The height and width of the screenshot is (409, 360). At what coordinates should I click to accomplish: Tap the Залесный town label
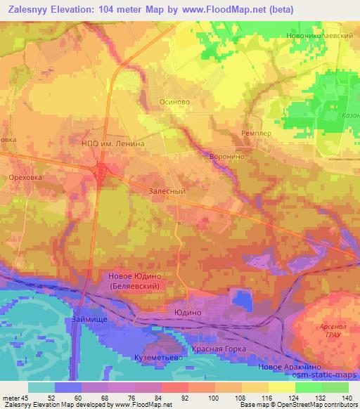coord(167,190)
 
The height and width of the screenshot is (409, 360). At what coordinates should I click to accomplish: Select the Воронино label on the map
coord(227,157)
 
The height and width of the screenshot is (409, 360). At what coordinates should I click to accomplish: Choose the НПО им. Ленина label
coord(113,143)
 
